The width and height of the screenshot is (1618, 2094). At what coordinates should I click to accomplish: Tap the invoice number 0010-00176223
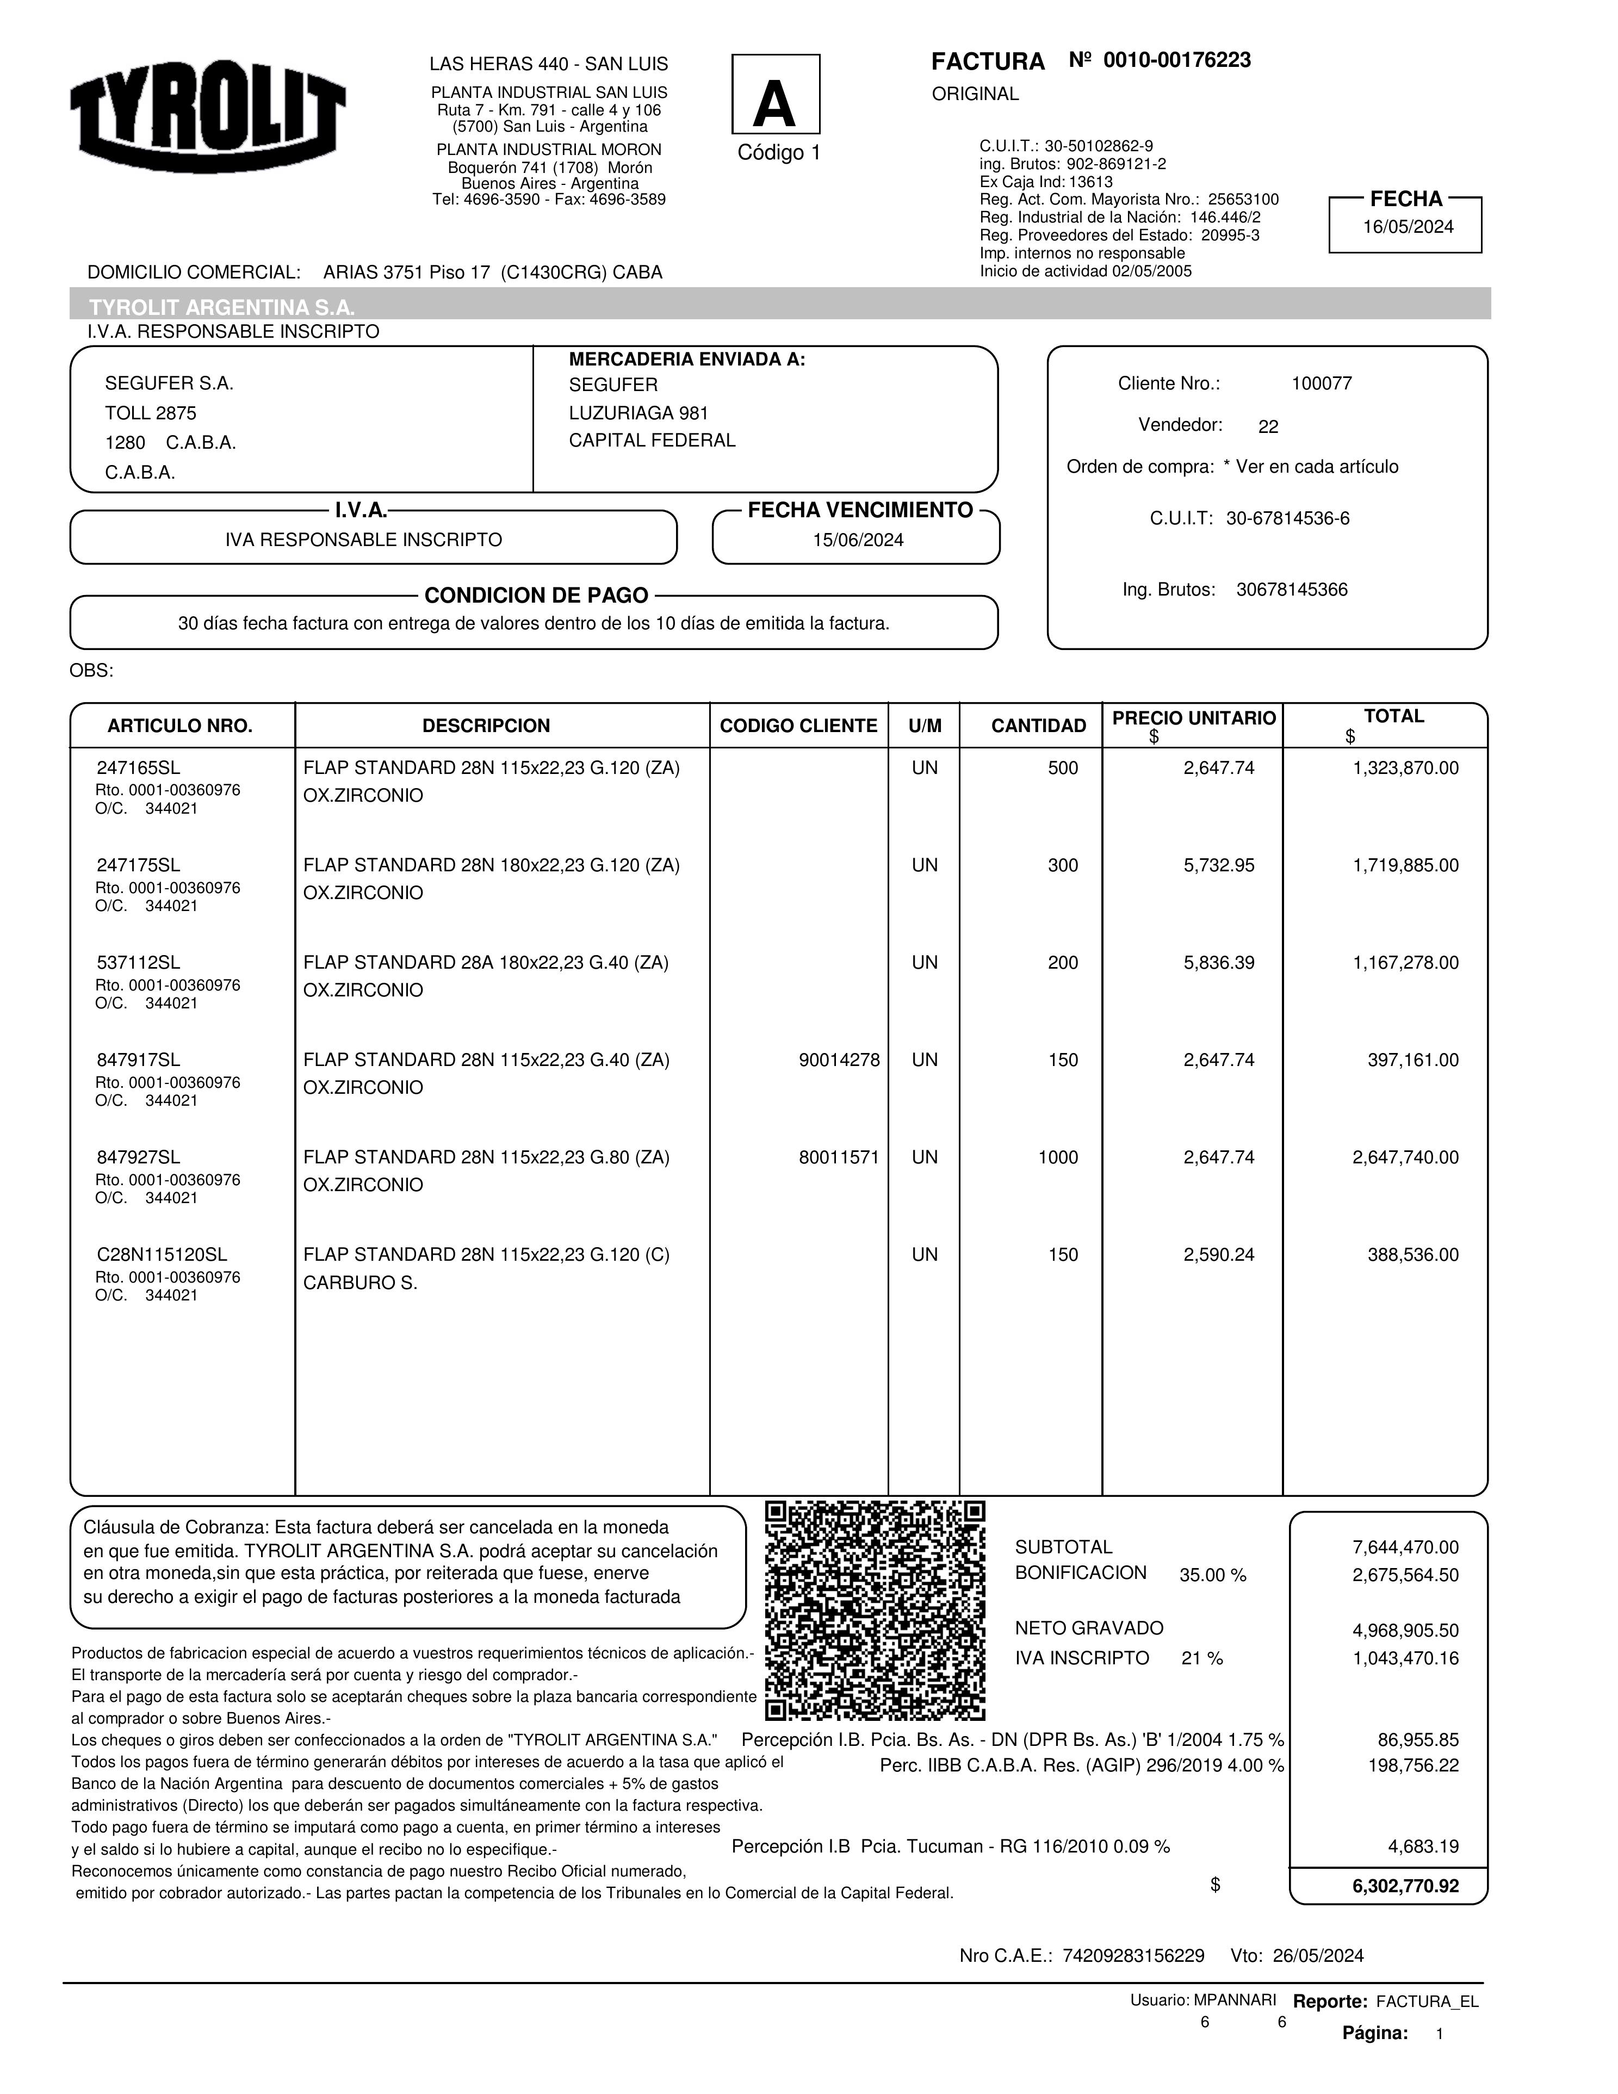click(1176, 60)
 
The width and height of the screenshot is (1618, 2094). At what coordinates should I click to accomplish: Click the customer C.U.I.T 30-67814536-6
click(1287, 519)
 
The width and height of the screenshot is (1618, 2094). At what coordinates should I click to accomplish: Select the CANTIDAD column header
click(1038, 726)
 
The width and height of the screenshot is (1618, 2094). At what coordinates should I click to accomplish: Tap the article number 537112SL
click(138, 963)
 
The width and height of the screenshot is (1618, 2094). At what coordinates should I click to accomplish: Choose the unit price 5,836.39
click(1218, 963)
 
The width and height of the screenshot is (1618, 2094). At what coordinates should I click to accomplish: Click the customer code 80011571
click(839, 1157)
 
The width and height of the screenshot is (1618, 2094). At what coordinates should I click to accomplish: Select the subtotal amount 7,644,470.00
click(1405, 1547)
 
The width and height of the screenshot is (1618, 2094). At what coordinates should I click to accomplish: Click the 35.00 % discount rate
click(1212, 1575)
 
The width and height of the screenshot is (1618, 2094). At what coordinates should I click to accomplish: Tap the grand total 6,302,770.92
click(1405, 1886)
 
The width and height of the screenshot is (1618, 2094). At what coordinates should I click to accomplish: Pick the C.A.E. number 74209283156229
click(1133, 1956)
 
